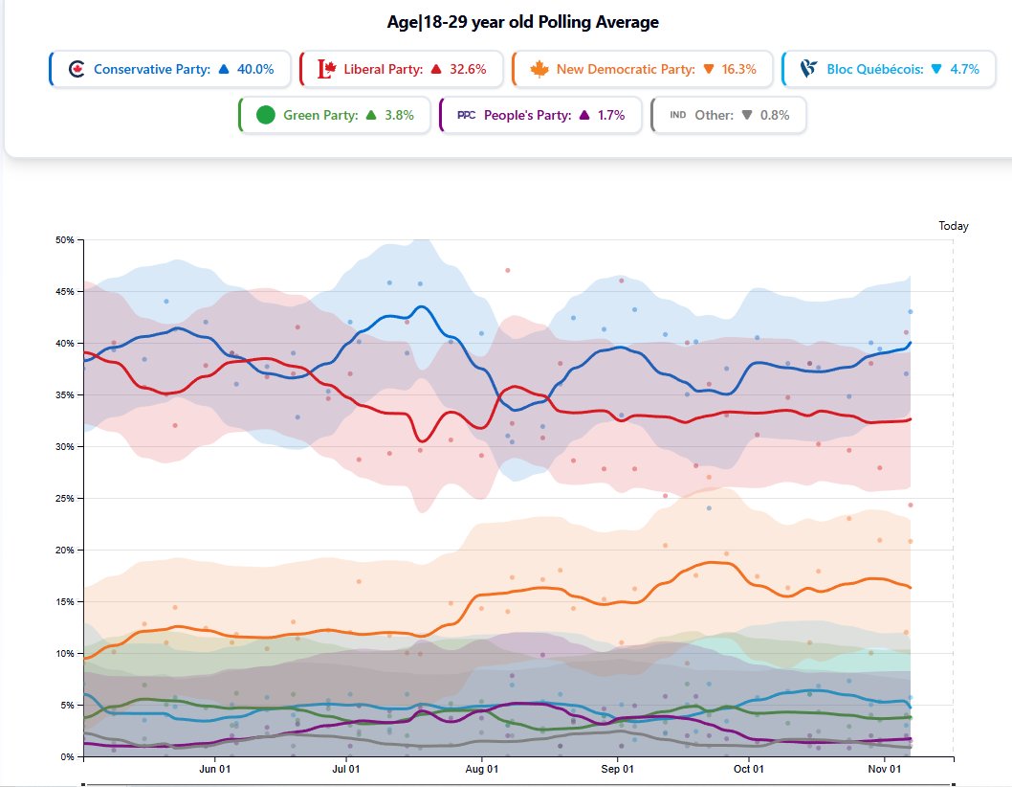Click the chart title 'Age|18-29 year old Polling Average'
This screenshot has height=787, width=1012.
click(x=516, y=22)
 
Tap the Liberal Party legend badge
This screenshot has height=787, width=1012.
click(x=402, y=69)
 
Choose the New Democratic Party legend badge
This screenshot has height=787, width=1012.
click(x=642, y=69)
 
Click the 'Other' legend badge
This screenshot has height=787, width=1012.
click(x=728, y=115)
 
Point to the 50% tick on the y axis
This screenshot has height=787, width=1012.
click(x=64, y=239)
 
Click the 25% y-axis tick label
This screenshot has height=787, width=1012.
click(x=64, y=498)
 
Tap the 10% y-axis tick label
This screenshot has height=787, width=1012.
click(x=64, y=653)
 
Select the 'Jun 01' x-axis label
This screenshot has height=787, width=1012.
click(x=214, y=769)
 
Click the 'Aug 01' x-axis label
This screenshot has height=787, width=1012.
click(x=481, y=769)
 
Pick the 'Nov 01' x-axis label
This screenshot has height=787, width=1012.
click(x=885, y=769)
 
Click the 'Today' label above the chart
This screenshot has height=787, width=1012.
click(x=953, y=227)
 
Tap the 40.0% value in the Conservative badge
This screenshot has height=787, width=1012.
click(x=255, y=69)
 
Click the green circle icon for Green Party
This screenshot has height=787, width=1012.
click(x=266, y=115)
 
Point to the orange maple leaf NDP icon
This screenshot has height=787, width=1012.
click(x=539, y=69)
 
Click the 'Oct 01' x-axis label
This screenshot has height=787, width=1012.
click(x=748, y=769)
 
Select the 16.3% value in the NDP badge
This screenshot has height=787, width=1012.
click(x=738, y=69)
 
